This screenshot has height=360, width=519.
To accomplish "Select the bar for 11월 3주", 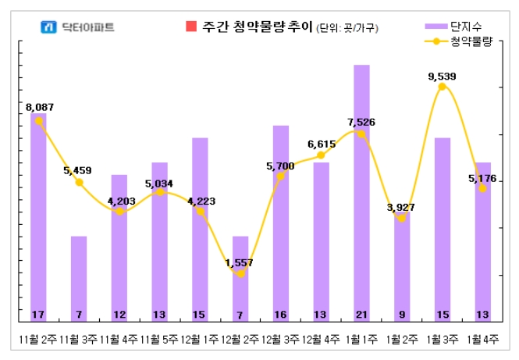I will (x=78, y=277).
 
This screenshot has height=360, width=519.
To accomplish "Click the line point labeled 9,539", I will (x=443, y=87).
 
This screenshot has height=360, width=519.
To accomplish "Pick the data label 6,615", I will (x=322, y=144).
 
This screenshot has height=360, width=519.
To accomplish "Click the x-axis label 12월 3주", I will (x=281, y=340).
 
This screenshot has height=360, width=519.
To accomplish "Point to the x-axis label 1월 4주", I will (x=483, y=340).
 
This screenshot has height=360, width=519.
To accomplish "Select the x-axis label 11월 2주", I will (x=38, y=340).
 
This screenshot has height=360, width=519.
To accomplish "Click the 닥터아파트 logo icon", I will (x=49, y=27).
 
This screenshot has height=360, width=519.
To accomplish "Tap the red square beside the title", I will (x=191, y=27).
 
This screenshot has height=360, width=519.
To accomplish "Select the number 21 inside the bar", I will (x=361, y=315).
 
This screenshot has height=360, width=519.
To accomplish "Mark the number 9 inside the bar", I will (x=402, y=315).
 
